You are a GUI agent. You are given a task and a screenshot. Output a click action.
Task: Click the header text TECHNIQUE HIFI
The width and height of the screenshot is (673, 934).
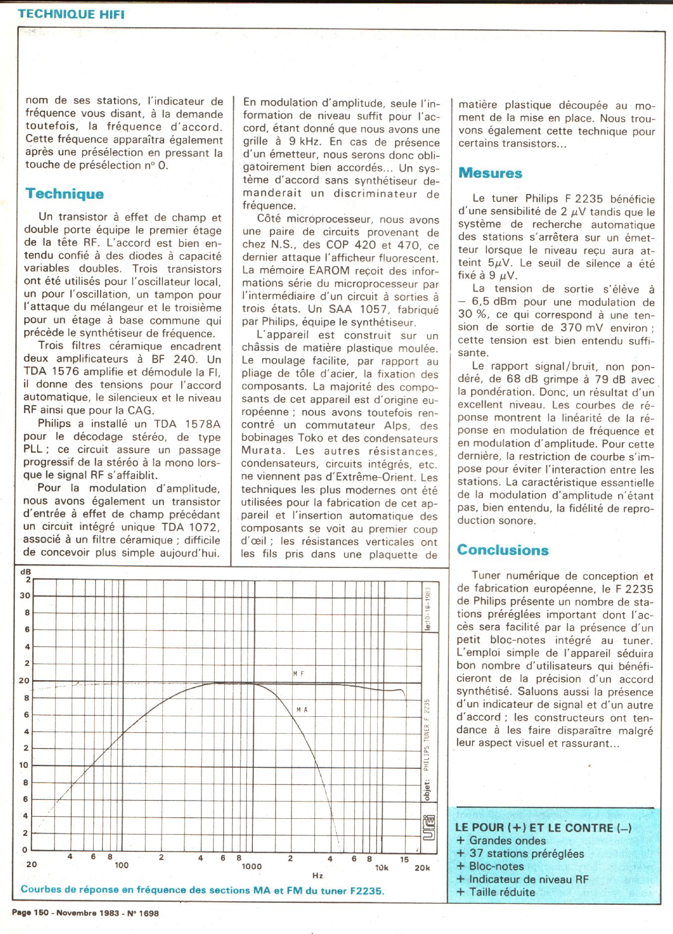coord(71,14)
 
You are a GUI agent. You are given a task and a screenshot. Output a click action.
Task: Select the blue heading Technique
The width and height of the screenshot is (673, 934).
coord(64,193)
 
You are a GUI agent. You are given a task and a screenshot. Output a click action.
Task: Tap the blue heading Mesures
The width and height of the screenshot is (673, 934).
coord(490,173)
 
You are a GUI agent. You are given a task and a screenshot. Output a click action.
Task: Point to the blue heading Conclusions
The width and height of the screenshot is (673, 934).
coord(502,550)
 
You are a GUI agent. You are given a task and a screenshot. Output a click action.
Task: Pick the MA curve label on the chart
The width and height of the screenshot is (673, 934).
coord(302,710)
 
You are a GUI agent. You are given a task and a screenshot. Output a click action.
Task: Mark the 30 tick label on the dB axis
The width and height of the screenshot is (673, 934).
coord(25,596)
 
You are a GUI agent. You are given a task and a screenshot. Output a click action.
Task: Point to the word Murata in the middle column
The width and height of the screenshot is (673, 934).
coord(263,451)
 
